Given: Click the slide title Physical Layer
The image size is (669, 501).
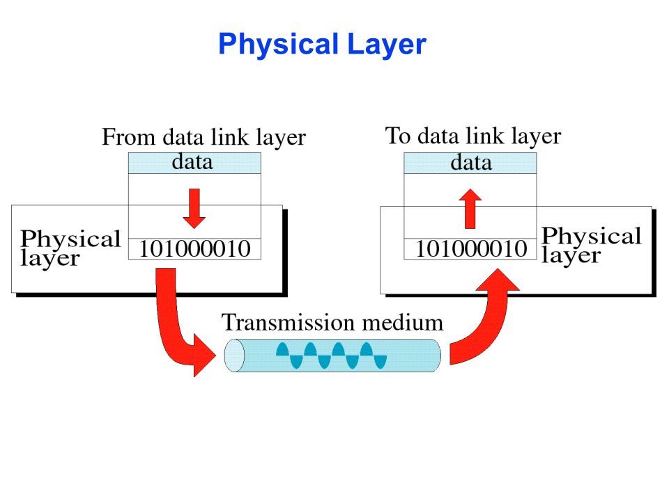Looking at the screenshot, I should click(x=321, y=45).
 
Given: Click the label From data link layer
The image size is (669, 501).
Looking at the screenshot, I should click(x=203, y=137).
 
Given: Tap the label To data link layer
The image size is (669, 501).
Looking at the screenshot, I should click(x=472, y=136).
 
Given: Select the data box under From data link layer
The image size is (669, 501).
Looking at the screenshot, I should click(x=194, y=163).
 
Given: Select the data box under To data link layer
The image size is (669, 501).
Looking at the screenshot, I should click(x=470, y=164).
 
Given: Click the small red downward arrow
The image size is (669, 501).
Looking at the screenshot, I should click(x=195, y=207).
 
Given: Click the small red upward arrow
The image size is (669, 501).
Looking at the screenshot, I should click(x=472, y=209).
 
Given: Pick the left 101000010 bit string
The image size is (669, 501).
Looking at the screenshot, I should click(x=194, y=248).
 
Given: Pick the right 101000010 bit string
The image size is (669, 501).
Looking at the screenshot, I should click(x=471, y=248).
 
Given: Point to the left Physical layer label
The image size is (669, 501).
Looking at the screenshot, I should click(x=70, y=248).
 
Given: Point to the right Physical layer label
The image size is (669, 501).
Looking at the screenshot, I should click(x=591, y=245).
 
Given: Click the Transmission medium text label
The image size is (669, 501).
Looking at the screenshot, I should click(x=332, y=323).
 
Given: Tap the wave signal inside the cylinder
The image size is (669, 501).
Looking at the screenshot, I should click(x=332, y=356).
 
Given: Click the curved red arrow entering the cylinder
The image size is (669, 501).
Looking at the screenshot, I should click(x=178, y=327).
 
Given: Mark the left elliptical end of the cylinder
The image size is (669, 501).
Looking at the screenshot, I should click(x=235, y=356).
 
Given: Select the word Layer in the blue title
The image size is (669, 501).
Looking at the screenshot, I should click(x=385, y=45).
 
